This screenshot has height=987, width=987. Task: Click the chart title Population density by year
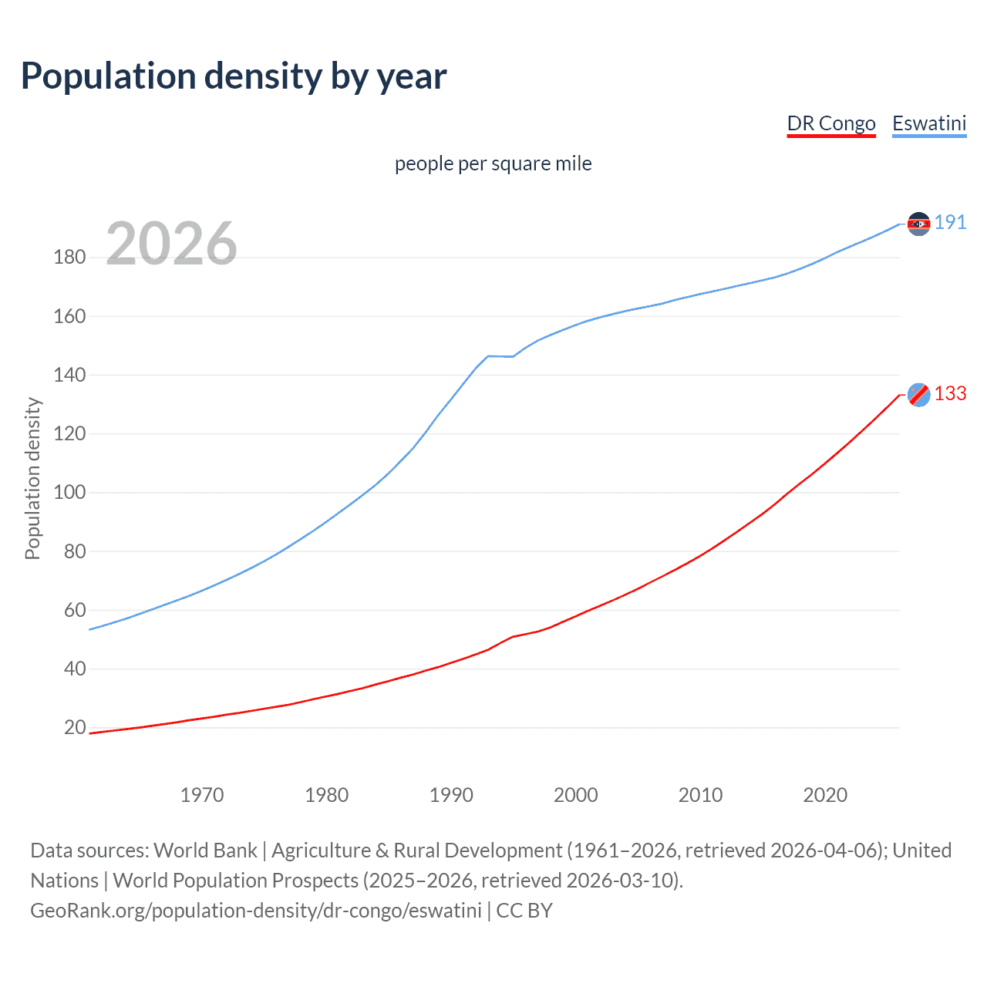point(234,76)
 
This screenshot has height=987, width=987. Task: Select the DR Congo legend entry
point(830,123)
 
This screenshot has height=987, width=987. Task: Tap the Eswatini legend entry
point(928,123)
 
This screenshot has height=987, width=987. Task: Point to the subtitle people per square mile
point(493,163)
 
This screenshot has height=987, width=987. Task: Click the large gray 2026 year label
point(171,244)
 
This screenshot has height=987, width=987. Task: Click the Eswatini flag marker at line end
point(918,224)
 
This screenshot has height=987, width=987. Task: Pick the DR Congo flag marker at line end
point(918,395)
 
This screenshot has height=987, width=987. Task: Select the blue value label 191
point(950,223)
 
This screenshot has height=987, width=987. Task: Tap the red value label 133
point(950,394)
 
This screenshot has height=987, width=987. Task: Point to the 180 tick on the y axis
point(69,258)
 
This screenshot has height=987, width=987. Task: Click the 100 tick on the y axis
point(69,493)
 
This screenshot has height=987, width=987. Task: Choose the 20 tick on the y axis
point(74,728)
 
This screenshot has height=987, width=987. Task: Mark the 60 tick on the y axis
point(74,610)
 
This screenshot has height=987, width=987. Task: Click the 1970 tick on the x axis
point(202,795)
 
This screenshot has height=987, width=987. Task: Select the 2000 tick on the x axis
point(575,795)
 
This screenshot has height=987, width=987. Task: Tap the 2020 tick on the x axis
point(825,795)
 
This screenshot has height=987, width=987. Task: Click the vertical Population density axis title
point(32,478)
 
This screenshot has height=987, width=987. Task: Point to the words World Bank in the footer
point(205,851)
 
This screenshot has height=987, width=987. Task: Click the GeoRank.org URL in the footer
point(256,911)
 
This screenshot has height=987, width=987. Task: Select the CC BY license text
point(524,911)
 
